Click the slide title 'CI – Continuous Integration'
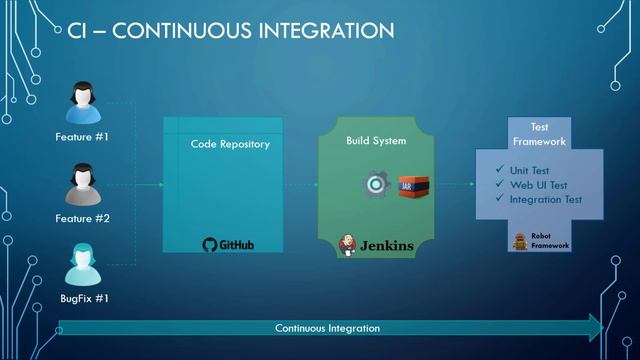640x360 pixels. click(230, 32)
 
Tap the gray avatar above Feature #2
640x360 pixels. click(82, 184)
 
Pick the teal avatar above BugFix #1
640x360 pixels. click(82, 265)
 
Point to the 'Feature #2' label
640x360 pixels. click(82, 218)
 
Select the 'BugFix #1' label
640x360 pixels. click(82, 298)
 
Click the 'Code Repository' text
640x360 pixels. click(230, 144)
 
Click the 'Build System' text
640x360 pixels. click(376, 141)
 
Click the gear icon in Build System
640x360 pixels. click(377, 185)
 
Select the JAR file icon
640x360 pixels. click(407, 185)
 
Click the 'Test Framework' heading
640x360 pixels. click(539, 134)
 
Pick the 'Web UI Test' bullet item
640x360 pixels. click(535, 185)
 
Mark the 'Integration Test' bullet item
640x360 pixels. click(545, 200)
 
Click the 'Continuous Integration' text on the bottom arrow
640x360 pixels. click(327, 327)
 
